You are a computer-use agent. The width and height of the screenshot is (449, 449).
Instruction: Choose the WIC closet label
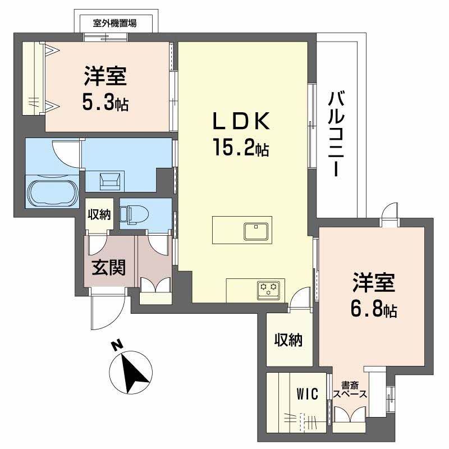[307, 395]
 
